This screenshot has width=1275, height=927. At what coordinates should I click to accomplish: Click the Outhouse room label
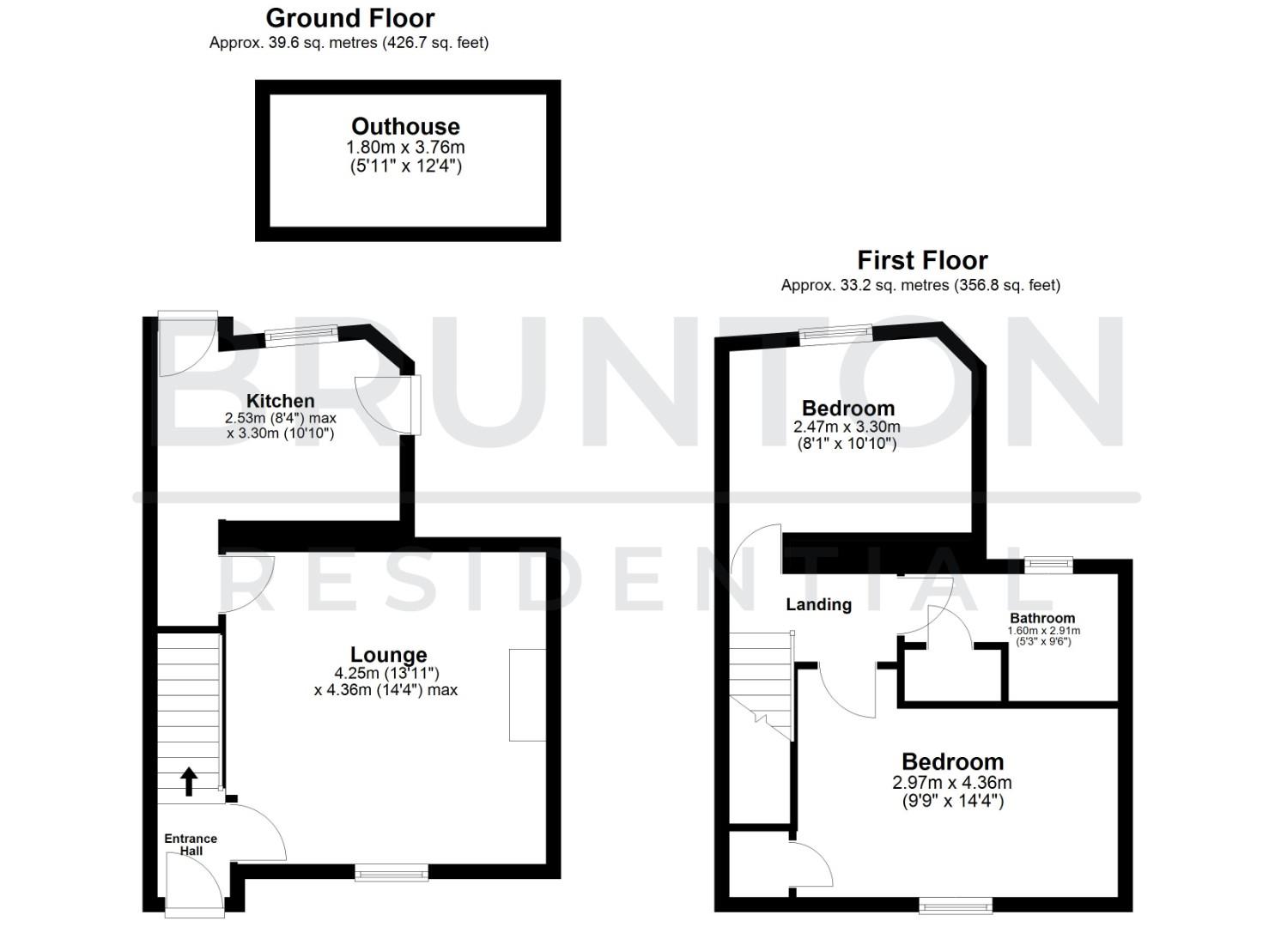click(x=405, y=126)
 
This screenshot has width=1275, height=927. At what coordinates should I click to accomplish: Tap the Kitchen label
click(x=280, y=401)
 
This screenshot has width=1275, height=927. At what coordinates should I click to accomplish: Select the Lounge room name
click(x=388, y=656)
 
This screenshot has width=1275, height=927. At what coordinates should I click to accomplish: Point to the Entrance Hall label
click(x=191, y=845)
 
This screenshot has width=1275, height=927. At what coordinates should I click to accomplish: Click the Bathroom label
click(x=1041, y=618)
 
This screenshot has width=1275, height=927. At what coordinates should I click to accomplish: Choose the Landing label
click(x=818, y=604)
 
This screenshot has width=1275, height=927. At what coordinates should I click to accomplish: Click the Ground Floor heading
click(x=349, y=18)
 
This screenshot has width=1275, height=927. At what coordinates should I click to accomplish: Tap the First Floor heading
click(x=922, y=260)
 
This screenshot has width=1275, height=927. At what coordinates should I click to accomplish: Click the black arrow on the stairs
click(x=189, y=781)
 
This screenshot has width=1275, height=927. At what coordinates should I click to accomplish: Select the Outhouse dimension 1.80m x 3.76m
click(x=405, y=147)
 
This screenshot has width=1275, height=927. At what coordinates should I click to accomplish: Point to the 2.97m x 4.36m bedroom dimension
click(x=951, y=783)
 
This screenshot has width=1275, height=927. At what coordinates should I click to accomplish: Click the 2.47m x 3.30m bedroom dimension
click(x=847, y=427)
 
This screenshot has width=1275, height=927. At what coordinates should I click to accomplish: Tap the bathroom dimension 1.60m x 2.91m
click(x=1043, y=631)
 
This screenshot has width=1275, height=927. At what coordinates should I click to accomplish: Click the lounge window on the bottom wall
click(x=392, y=873)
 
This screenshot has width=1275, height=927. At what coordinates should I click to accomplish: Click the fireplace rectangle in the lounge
click(x=527, y=694)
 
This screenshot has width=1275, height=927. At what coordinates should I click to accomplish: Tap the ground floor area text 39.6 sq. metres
click(x=349, y=43)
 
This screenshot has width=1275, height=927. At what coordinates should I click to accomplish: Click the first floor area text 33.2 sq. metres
click(x=920, y=285)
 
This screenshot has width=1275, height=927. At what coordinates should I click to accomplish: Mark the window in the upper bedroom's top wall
click(x=835, y=334)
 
